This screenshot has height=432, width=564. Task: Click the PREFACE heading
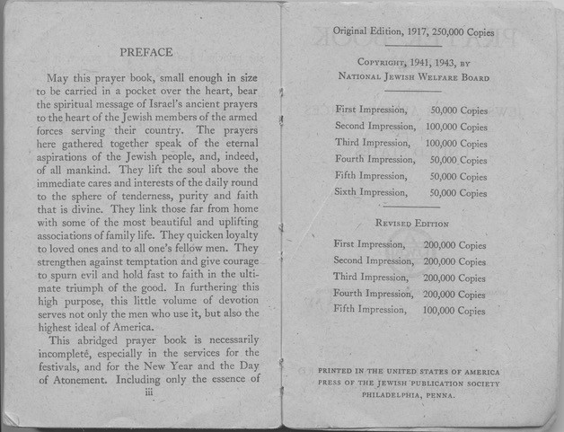[145, 51]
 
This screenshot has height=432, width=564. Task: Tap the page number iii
[148, 392]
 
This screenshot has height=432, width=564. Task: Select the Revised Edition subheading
[412, 224]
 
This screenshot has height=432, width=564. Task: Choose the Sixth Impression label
[370, 192]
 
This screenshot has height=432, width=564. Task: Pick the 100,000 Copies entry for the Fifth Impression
[455, 311]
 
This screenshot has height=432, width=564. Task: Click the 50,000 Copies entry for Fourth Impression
[459, 160]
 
